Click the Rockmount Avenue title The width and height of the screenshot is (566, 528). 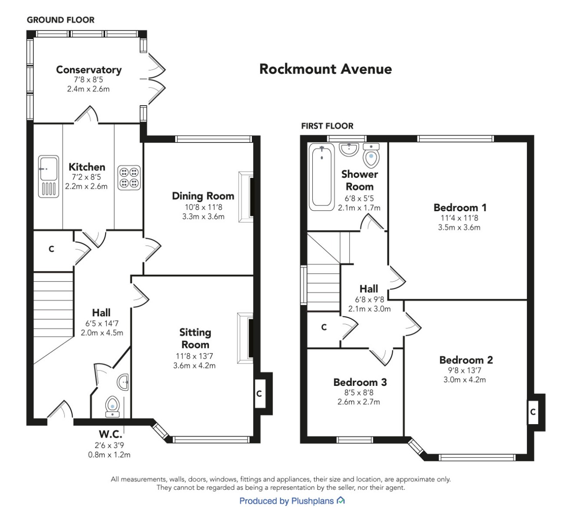pyautogui.click(x=325, y=69)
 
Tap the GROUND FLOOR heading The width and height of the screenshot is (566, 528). pyautogui.click(x=60, y=20)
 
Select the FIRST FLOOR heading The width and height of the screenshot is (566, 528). pyautogui.click(x=327, y=126)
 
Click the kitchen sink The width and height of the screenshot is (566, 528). pyautogui.click(x=48, y=176)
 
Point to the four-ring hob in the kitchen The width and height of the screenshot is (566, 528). pyautogui.click(x=129, y=178)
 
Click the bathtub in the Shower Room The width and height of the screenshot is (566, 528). pyautogui.click(x=322, y=177)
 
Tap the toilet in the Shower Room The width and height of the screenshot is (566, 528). pyautogui.click(x=371, y=155)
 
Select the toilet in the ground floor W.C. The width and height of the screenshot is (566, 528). pyautogui.click(x=112, y=407)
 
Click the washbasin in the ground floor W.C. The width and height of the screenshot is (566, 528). pyautogui.click(x=123, y=382)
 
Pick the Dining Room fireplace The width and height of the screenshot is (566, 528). pyautogui.click(x=246, y=197)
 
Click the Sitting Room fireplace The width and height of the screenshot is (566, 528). pyautogui.click(x=245, y=338)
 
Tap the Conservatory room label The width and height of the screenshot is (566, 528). pyautogui.click(x=89, y=70)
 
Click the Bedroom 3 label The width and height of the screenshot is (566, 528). pyautogui.click(x=360, y=382)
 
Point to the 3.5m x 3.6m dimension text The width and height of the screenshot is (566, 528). pyautogui.click(x=459, y=227)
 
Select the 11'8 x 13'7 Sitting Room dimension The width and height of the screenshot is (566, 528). pyautogui.click(x=194, y=356)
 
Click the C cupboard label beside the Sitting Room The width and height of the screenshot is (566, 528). pyautogui.click(x=259, y=394)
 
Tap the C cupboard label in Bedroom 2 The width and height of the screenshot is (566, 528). pyautogui.click(x=533, y=412)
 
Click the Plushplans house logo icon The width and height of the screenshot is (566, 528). pyautogui.click(x=341, y=500)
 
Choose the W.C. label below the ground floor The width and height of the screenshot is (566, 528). pyautogui.click(x=110, y=434)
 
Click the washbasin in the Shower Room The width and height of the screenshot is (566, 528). pyautogui.click(x=349, y=149)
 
